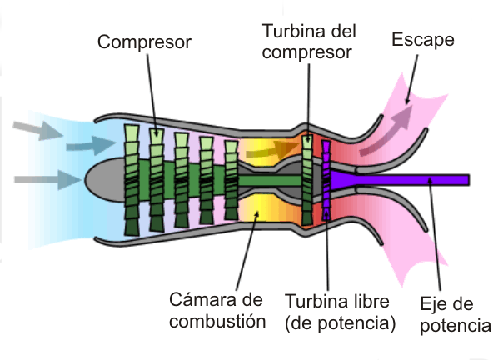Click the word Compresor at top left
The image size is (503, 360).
(x=144, y=41)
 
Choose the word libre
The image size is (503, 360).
(x=364, y=300)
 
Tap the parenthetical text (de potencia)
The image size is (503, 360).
(x=340, y=322)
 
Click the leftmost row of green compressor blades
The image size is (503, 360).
(x=132, y=179)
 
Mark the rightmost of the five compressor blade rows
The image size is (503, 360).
(x=231, y=178)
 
